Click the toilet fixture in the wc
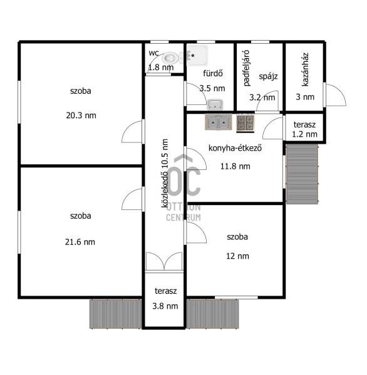pyautogui.click(x=171, y=57)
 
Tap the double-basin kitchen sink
pyautogui.click(x=219, y=122)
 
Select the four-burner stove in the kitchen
pyautogui.click(x=246, y=123)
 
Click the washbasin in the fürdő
pyautogui.click(x=215, y=104)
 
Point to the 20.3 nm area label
pyautogui.click(x=81, y=116)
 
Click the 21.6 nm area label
pyautogui.click(x=80, y=242)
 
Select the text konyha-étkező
pyautogui.click(x=235, y=148)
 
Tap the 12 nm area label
pyautogui.click(x=237, y=256)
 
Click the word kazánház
pyautogui.click(x=305, y=69)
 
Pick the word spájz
pyautogui.click(x=268, y=76)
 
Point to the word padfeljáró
pyautogui.click(x=246, y=68)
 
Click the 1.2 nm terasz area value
pyautogui.click(x=304, y=134)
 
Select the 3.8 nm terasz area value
pyautogui.click(x=165, y=306)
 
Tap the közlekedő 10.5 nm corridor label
pyautogui.click(x=165, y=173)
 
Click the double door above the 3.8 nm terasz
pyautogui.click(x=164, y=262)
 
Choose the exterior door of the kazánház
pyautogui.click(x=335, y=95)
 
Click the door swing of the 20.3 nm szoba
pyautogui.click(x=133, y=131)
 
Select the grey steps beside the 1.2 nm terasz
pyautogui.click(x=302, y=174)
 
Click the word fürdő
pyautogui.click(x=213, y=73)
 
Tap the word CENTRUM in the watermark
pyautogui.click(x=183, y=217)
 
